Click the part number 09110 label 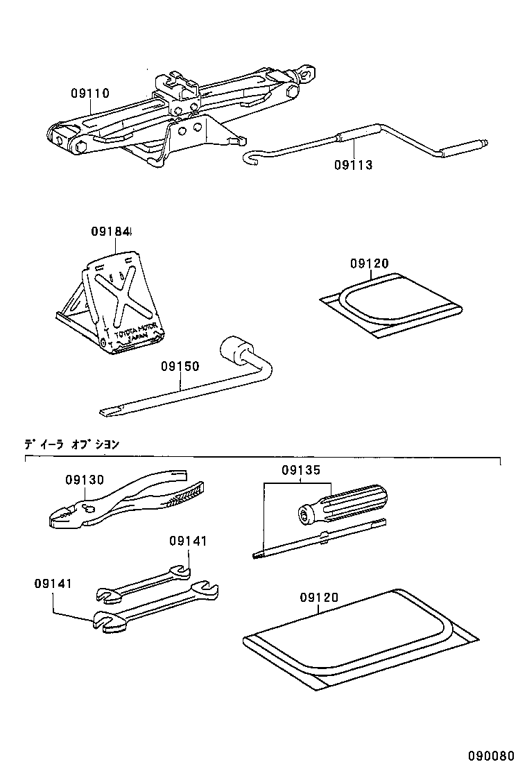(89, 93)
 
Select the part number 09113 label (353, 165)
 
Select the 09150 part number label (180, 365)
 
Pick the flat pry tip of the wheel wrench (112, 413)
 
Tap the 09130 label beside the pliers (85, 480)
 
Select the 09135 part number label (301, 470)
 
